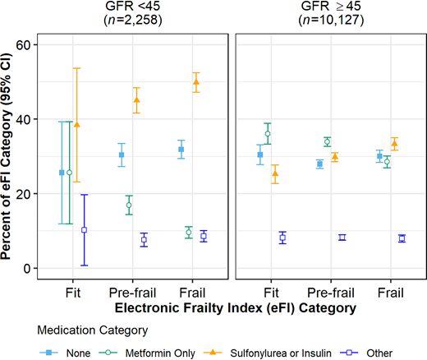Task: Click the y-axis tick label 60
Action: coord(25,44)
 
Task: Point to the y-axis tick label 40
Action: coord(25,119)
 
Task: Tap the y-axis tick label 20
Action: coord(25,194)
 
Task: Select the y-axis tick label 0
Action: coord(29,269)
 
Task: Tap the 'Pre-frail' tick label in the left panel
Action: coord(132,293)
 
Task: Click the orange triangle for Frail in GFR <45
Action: coord(196,82)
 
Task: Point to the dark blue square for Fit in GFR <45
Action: coord(85,230)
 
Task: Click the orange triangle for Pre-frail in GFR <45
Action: coord(137,100)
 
